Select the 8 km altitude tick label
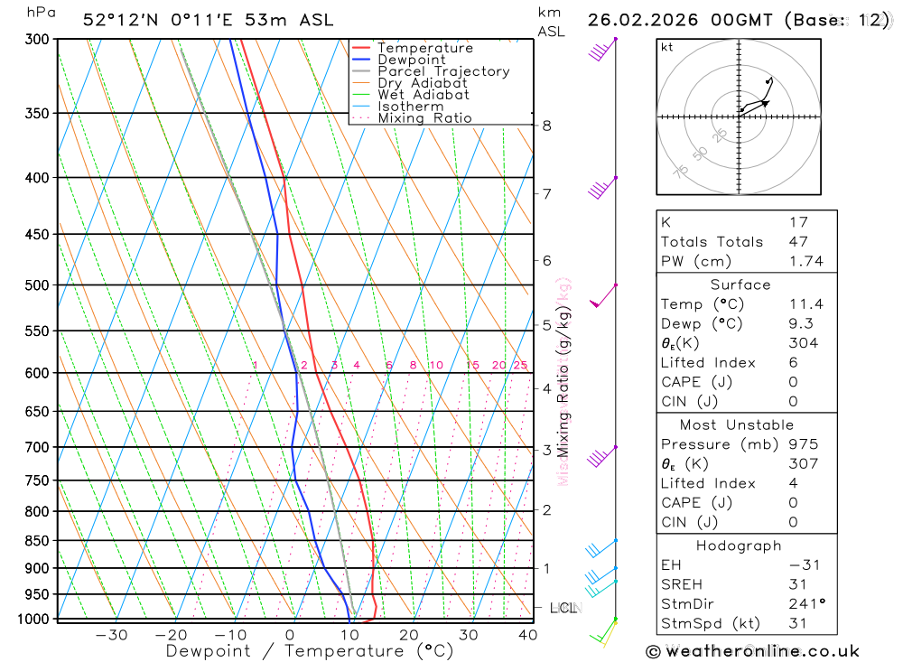pyautogui.click(x=547, y=126)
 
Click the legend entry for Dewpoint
pyautogui.click(x=411, y=60)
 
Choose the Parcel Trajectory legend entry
pyautogui.click(x=442, y=71)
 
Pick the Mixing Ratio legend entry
pyautogui.click(x=424, y=118)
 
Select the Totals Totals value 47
pyautogui.click(x=798, y=241)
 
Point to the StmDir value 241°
pyautogui.click(x=805, y=603)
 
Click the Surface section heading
pyautogui.click(x=740, y=284)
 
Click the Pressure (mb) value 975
pyautogui.click(x=802, y=444)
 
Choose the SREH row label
pyautogui.click(x=681, y=583)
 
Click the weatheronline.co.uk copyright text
pyautogui.click(x=752, y=650)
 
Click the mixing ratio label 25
pyautogui.click(x=520, y=365)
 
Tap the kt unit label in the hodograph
pyautogui.click(x=666, y=47)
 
